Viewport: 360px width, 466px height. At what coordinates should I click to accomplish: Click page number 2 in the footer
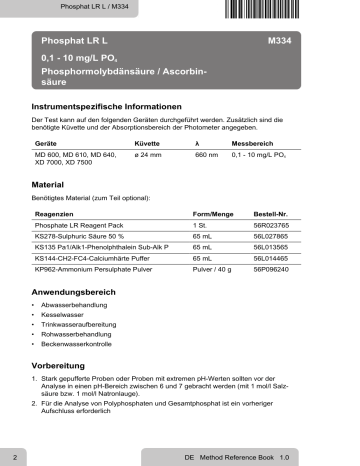tap(14, 455)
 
